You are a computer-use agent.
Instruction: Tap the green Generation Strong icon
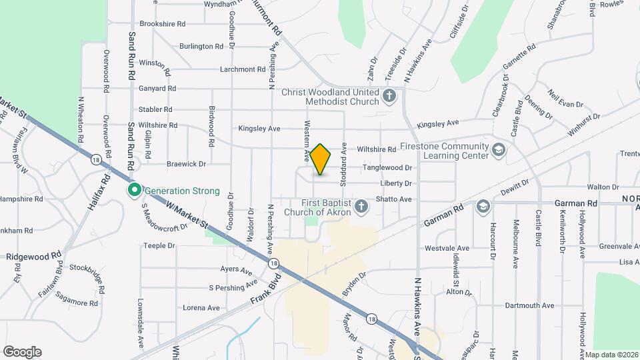134,191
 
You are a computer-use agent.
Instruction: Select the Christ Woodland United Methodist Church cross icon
390,97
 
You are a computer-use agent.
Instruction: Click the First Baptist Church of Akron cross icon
361,207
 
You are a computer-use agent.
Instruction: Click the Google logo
22,351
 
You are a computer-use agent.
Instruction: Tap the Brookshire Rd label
163,23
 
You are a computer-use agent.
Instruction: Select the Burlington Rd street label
201,47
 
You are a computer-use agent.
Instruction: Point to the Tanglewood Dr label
387,168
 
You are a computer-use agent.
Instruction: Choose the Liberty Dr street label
396,183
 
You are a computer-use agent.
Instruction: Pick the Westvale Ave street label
447,249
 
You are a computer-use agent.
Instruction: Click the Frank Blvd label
263,297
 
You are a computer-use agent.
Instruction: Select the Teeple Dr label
159,246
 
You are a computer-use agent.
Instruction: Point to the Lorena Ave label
201,308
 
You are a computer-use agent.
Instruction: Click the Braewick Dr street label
187,163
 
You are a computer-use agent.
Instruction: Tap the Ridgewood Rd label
34,256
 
